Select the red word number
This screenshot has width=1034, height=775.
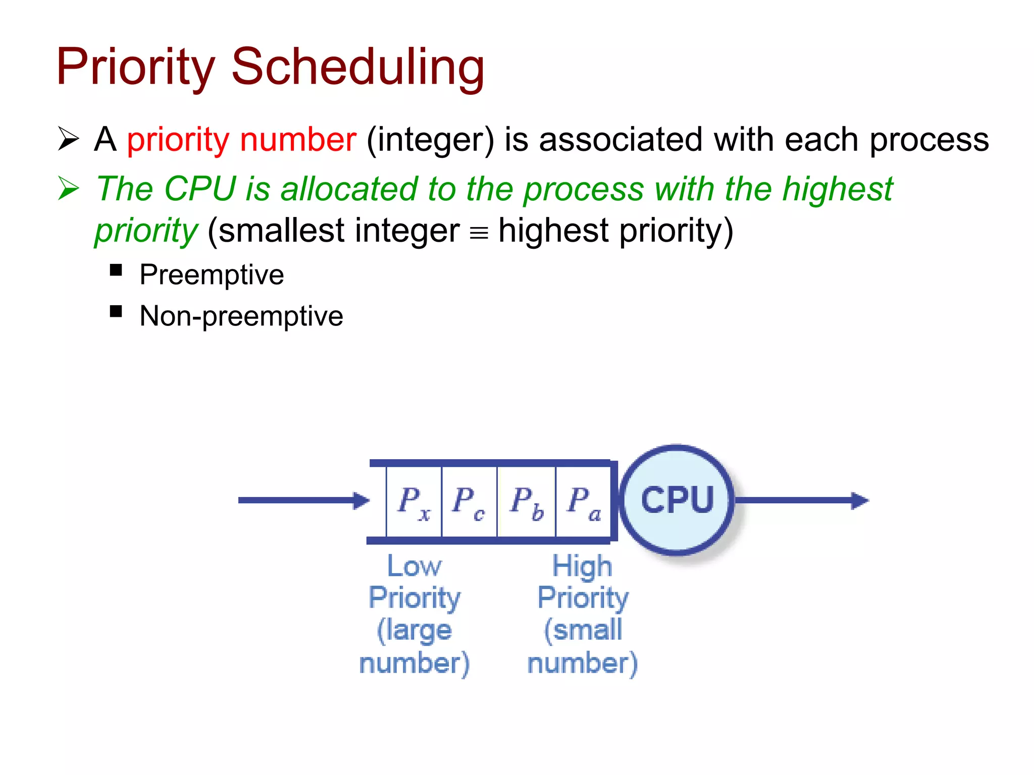click(298, 140)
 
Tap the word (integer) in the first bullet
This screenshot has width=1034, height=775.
click(430, 140)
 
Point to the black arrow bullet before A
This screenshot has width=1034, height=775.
click(69, 139)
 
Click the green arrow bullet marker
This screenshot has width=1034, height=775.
click(69, 188)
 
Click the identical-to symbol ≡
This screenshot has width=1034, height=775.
click(479, 233)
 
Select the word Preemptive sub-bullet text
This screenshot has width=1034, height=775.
click(212, 275)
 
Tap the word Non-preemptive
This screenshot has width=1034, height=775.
click(241, 316)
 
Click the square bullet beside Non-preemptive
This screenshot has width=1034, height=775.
click(116, 311)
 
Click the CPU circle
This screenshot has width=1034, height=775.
click(677, 500)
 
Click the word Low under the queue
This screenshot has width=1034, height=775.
click(414, 566)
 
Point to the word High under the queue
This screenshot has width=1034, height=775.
click(582, 566)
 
